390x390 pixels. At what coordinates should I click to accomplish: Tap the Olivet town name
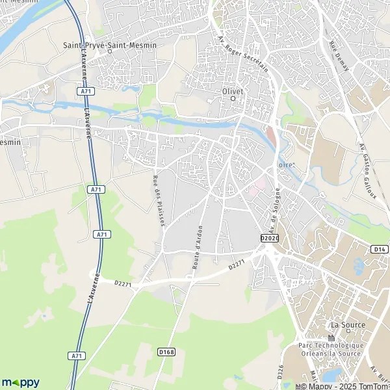(x=232, y=92)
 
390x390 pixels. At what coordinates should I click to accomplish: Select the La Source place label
(x=348, y=325)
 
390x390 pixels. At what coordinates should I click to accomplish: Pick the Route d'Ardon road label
(x=198, y=249)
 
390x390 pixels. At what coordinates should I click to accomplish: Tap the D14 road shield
(x=379, y=249)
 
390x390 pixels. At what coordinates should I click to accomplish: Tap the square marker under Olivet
(x=232, y=99)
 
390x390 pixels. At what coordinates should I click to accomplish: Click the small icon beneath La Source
(x=331, y=337)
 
